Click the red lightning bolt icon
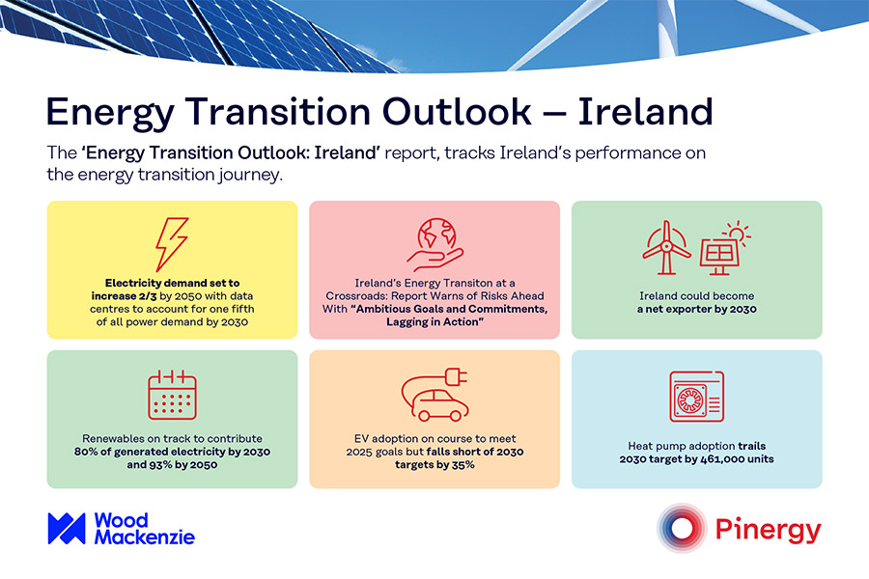point(172,244)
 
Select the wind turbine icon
point(666,248)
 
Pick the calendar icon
point(173,395)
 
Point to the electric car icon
point(435,395)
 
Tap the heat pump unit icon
point(696,397)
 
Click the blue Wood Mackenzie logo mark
point(67,529)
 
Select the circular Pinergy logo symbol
point(682,528)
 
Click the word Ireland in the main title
point(645,112)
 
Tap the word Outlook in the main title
point(458,112)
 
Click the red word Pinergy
point(769,530)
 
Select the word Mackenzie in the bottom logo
point(145,537)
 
